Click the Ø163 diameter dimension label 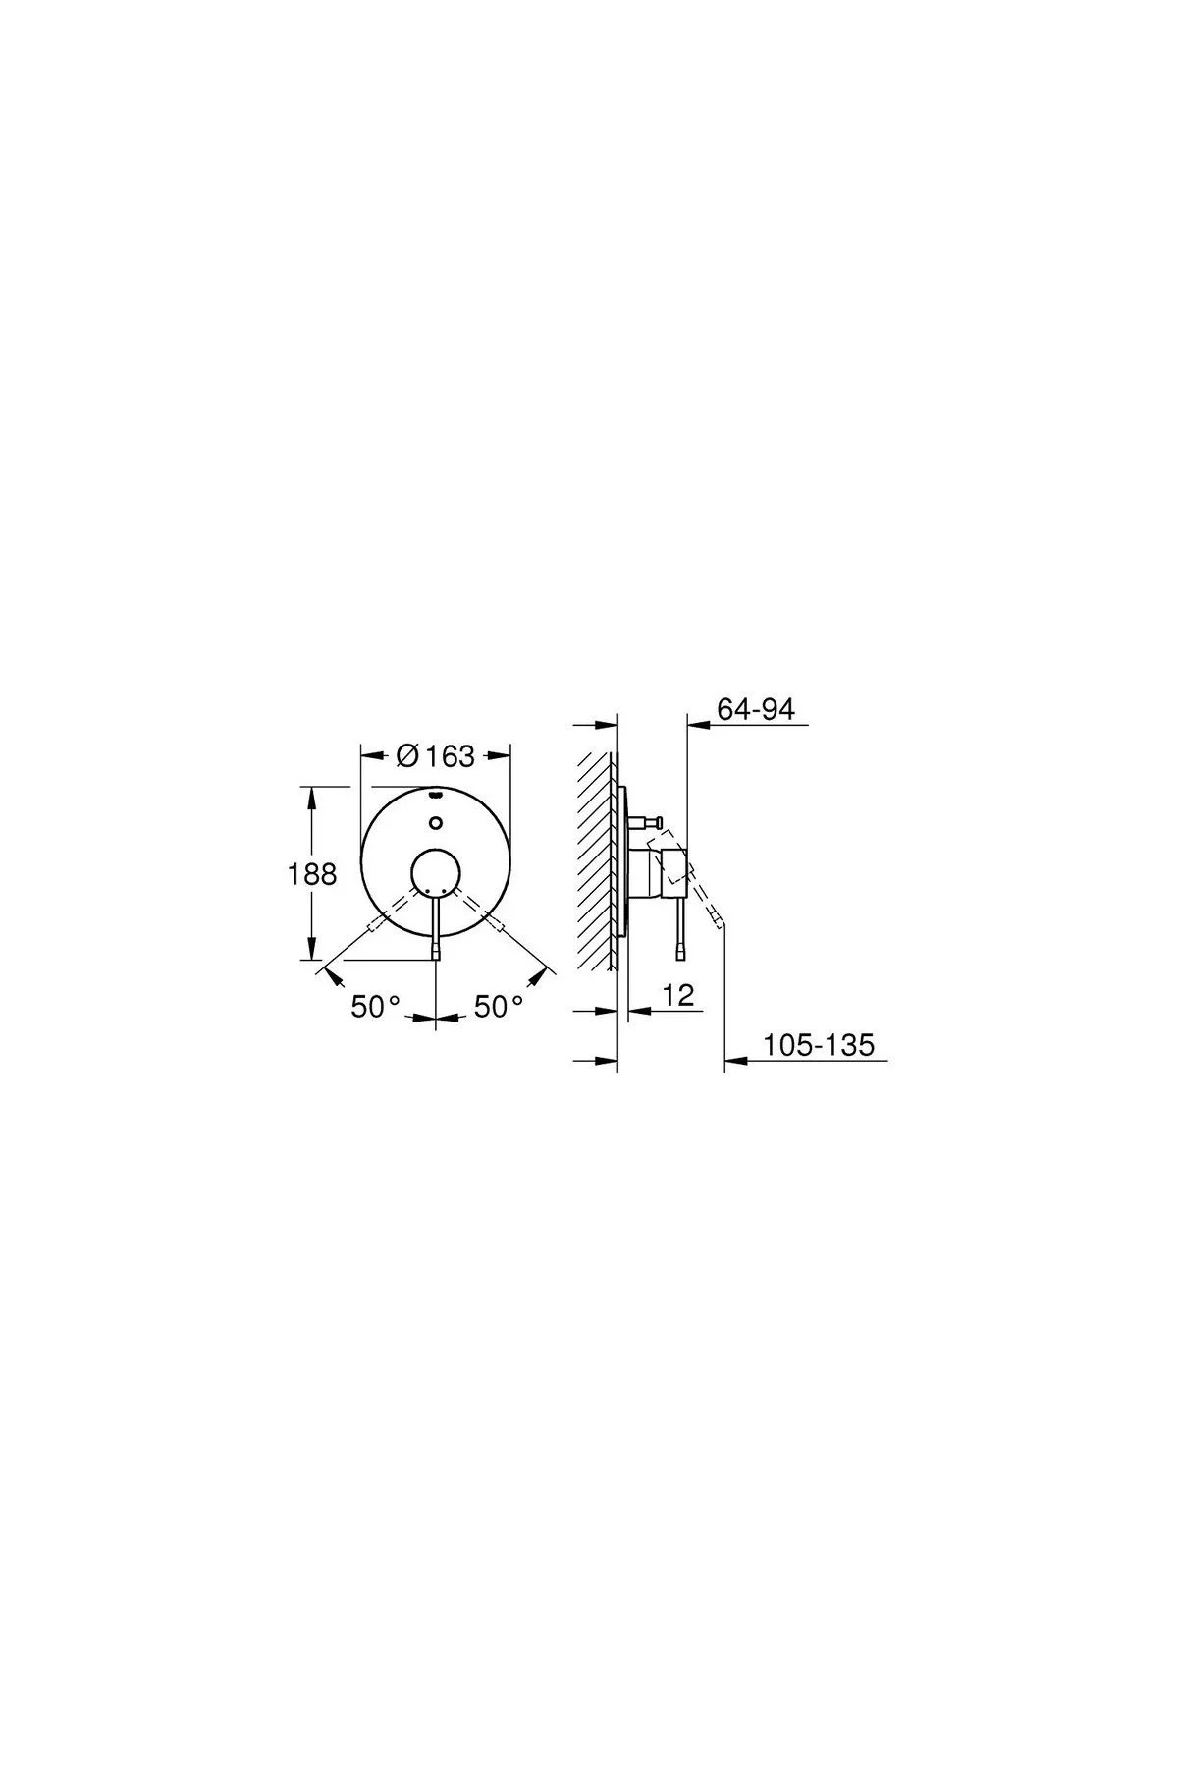click(434, 756)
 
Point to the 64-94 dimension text click(755, 708)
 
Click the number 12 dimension click(678, 995)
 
